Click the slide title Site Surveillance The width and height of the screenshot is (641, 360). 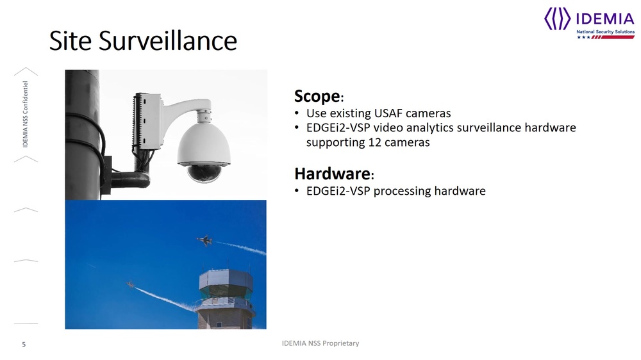pyautogui.click(x=143, y=41)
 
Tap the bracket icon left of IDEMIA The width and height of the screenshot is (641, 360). pyautogui.click(x=558, y=19)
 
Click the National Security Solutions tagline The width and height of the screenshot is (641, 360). pyautogui.click(x=606, y=32)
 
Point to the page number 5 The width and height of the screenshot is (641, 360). pyautogui.click(x=24, y=345)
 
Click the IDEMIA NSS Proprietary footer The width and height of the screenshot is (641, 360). pyautogui.click(x=320, y=343)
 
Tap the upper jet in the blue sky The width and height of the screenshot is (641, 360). pyautogui.click(x=204, y=241)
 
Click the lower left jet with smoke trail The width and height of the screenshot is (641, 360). pyautogui.click(x=131, y=284)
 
